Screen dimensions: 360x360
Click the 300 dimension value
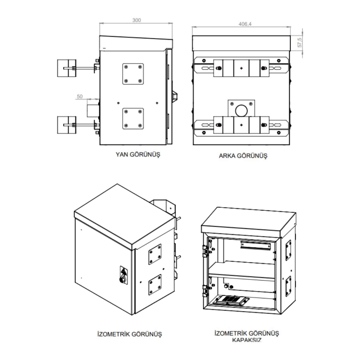[137, 20]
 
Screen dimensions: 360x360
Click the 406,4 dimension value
[245, 24]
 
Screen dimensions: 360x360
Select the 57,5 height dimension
[300, 43]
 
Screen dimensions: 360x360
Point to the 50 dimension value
[80, 96]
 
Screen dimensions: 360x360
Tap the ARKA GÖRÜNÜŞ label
[243, 156]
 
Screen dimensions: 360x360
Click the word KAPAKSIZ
[247, 340]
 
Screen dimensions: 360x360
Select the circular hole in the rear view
[241, 110]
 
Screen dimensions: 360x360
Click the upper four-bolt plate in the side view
[133, 74]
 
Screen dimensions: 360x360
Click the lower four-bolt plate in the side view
[133, 119]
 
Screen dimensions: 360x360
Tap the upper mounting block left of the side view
[67, 68]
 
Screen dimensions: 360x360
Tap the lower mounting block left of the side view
[67, 125]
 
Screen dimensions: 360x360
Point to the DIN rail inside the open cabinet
[255, 245]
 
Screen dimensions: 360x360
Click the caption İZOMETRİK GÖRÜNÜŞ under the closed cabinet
[130, 334]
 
